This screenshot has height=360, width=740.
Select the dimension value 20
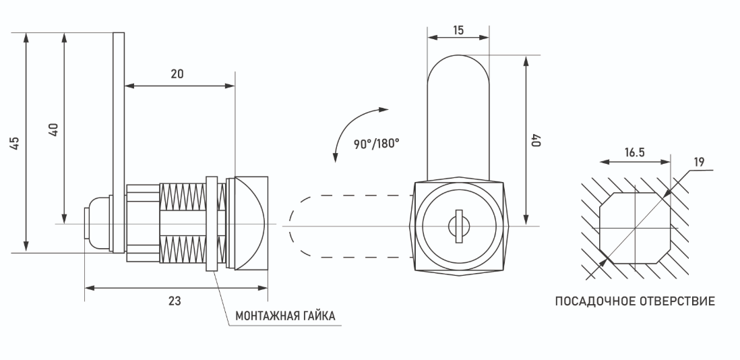(x=177, y=74)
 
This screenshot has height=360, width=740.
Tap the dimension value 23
(x=175, y=301)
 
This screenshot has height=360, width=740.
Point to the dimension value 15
(x=458, y=30)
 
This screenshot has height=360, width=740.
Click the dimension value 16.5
(x=634, y=153)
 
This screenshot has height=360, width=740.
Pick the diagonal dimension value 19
(x=699, y=162)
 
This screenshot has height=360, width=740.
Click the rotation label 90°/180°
(x=376, y=143)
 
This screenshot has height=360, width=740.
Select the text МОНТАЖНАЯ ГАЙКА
(x=285, y=316)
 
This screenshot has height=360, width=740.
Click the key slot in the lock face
(x=458, y=224)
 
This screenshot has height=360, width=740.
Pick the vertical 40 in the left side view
(x=54, y=129)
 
